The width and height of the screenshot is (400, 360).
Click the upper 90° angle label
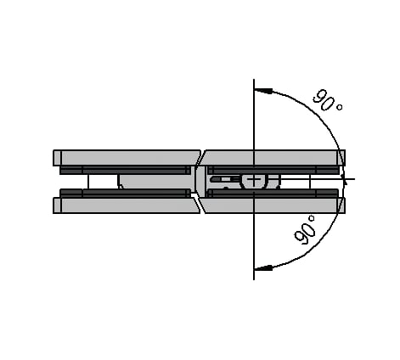pos(328,100)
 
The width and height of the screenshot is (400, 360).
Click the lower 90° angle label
pos(305,229)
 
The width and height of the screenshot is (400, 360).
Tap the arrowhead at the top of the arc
pos(264,91)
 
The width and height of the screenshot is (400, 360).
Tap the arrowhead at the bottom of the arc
pos(264,267)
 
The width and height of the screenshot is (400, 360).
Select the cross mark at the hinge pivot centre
pos(254,179)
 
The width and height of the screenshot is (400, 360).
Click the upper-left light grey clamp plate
pos(127,158)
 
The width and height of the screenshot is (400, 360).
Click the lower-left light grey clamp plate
pos(127,205)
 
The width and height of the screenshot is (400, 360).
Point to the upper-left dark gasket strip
pos(125,170)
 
